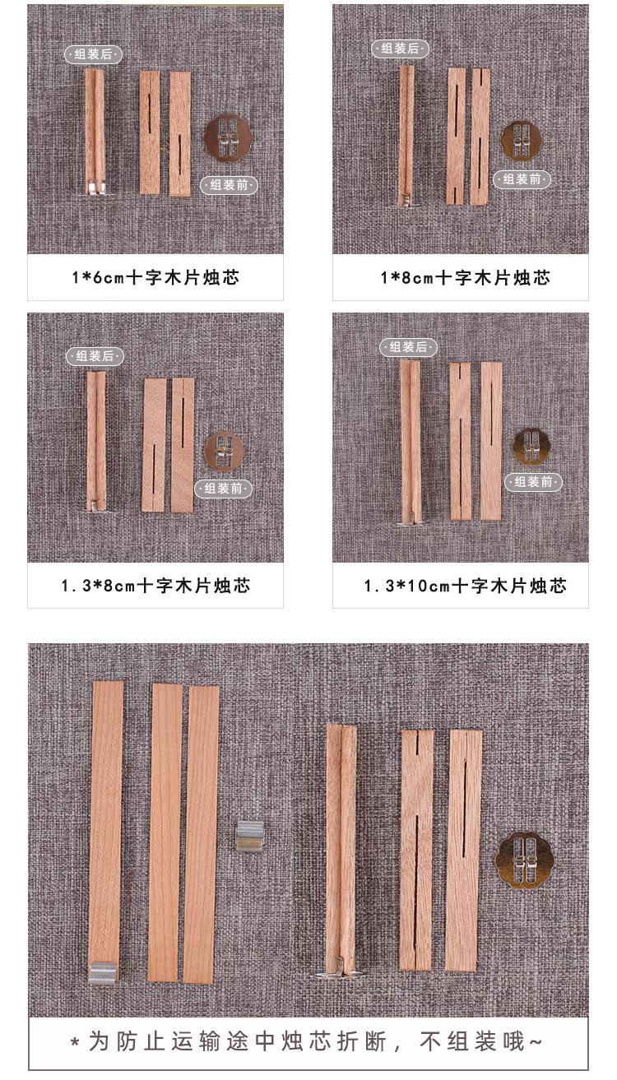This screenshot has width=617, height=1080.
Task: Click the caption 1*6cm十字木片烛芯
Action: pos(155,277)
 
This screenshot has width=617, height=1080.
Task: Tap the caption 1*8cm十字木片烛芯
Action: pos(465,277)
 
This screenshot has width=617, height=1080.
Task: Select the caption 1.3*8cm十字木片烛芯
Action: pos(155,586)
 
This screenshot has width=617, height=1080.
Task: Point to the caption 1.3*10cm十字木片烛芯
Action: pos(465,586)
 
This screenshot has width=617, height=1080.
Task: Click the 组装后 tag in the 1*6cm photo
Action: pos(94,54)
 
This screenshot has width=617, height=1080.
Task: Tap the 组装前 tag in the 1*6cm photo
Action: pos(229,185)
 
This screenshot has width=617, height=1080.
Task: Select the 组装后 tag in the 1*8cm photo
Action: pos(400,49)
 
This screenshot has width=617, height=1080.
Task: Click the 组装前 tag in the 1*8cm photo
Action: pos(522,178)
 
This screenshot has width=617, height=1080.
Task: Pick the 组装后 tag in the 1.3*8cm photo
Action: pos(95,356)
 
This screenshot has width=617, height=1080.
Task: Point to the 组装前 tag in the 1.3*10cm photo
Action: pos(533,481)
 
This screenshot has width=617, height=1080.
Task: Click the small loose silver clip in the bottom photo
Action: pos(249,835)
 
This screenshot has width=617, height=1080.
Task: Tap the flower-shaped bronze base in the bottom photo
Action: pos(524,860)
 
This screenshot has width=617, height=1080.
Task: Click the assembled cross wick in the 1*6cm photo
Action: pos(95,130)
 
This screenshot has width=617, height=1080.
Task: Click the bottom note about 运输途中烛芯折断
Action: pos(308,1042)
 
